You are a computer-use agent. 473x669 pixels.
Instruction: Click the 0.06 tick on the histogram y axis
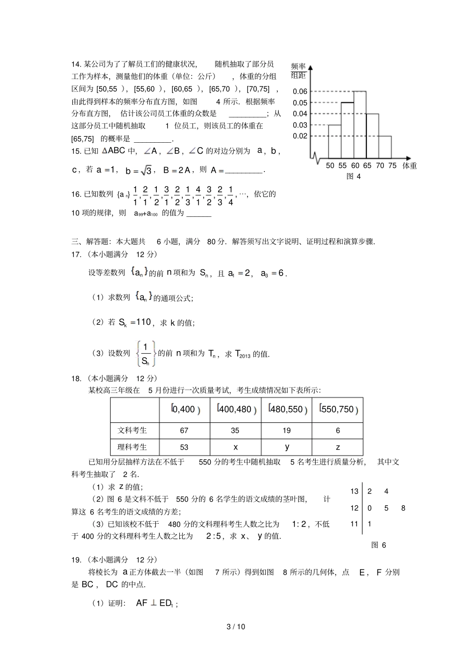click(x=300, y=91)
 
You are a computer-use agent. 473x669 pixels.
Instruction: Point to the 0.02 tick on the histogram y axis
click(x=300, y=136)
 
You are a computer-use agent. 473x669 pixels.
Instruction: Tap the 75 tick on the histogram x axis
click(x=392, y=166)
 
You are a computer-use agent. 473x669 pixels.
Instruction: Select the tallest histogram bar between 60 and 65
click(x=360, y=124)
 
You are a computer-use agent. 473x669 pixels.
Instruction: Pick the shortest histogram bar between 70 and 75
click(x=385, y=147)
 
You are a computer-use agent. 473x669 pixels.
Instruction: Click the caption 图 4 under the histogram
click(x=354, y=176)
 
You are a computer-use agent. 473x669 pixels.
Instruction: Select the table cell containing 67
click(x=184, y=430)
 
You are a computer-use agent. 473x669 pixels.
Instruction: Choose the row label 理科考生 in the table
click(x=132, y=447)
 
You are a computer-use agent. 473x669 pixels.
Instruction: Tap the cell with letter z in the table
click(x=338, y=447)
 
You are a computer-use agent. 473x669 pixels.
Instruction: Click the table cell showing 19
click(x=286, y=430)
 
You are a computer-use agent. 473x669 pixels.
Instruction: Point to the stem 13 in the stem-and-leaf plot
click(x=354, y=491)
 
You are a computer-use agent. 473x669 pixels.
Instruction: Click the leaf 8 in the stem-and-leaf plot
click(x=403, y=508)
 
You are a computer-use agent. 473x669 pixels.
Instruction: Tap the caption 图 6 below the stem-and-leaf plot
click(x=379, y=545)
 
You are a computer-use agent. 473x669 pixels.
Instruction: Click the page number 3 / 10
click(x=236, y=626)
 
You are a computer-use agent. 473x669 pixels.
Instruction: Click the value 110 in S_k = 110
click(x=143, y=322)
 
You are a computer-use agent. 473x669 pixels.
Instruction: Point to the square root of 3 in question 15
click(x=146, y=171)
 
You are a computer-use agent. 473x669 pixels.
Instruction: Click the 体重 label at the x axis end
click(x=409, y=166)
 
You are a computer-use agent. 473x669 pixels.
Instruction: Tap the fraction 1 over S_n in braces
click(x=145, y=354)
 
